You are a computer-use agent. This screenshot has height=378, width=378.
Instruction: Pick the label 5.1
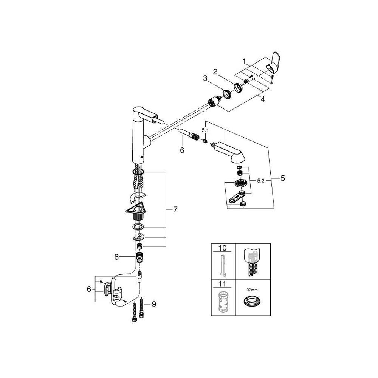tap(204, 130)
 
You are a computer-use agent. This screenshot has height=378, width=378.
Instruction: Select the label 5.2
tap(260, 181)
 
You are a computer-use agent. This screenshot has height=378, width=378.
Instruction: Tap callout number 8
tap(117, 257)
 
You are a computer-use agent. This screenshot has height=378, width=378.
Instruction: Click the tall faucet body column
tap(138, 140)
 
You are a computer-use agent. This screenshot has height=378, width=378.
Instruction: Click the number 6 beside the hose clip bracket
tap(89, 289)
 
